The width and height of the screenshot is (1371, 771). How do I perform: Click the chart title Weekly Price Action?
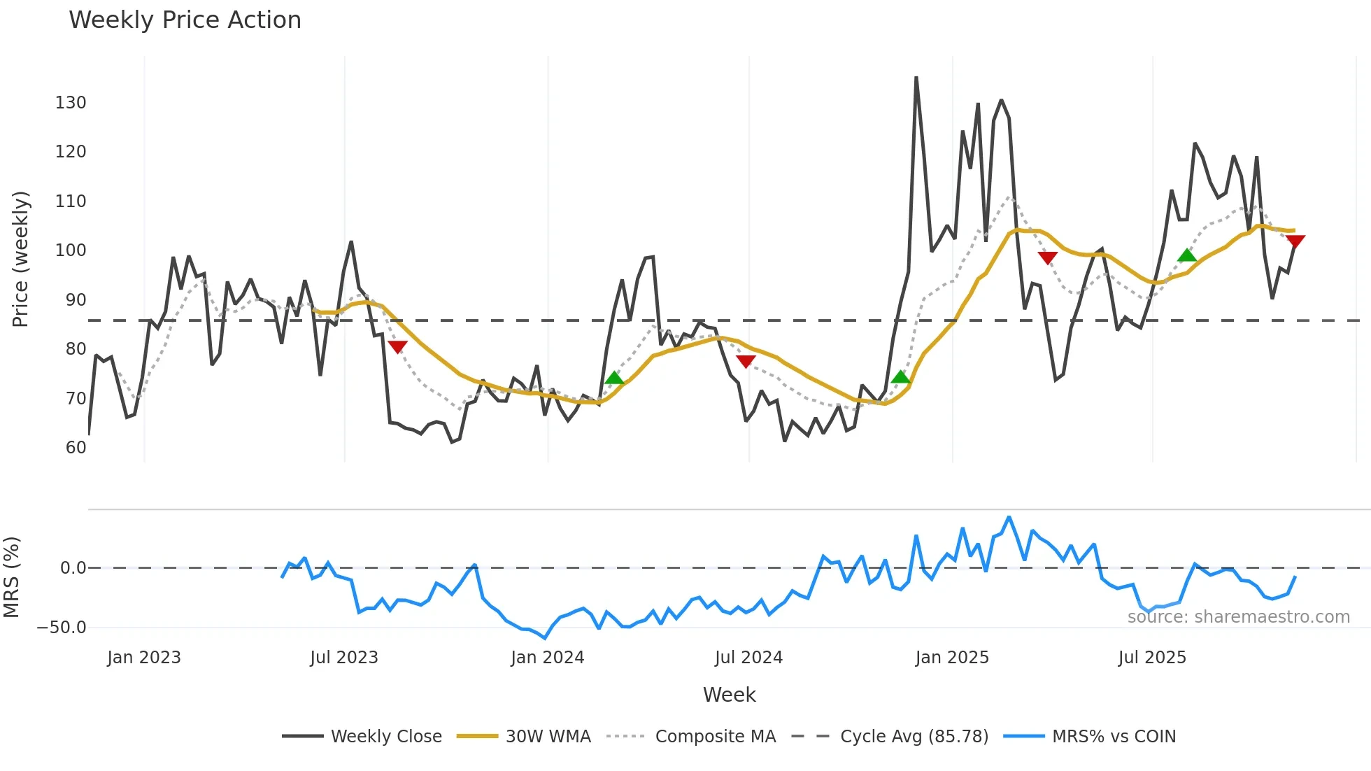[185, 20]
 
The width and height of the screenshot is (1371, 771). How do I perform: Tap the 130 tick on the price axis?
[71, 103]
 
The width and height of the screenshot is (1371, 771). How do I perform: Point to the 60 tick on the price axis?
[76, 448]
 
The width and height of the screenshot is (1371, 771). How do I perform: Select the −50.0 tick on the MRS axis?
[62, 628]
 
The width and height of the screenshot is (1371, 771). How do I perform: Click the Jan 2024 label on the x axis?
[547, 658]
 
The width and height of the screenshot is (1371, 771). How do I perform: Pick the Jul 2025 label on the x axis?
[1152, 658]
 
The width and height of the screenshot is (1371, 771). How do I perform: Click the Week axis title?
[729, 695]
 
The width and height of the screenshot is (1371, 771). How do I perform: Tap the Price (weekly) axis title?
[20, 259]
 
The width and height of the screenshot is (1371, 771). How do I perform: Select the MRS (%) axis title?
[11, 577]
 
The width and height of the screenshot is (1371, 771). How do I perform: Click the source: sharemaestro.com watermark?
[1238, 617]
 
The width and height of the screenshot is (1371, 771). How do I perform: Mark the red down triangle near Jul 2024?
[746, 361]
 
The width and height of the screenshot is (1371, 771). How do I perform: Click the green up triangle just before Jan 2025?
[901, 377]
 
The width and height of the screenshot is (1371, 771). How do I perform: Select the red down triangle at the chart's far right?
[1295, 241]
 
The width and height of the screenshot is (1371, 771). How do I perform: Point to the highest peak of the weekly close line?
[916, 78]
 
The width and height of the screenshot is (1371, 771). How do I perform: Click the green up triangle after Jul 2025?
[1187, 255]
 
